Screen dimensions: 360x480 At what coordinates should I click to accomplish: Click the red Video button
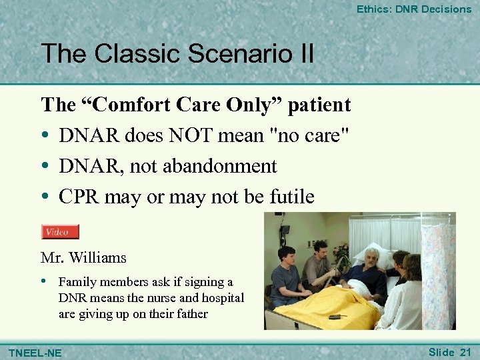[60, 232]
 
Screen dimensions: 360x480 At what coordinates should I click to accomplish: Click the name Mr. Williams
[83, 257]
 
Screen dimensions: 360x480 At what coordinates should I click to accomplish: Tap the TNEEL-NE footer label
[35, 352]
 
